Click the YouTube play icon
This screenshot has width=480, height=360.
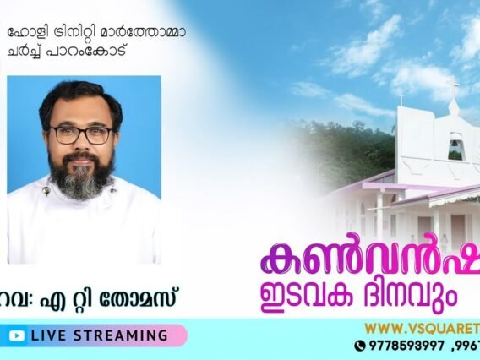click(16, 335)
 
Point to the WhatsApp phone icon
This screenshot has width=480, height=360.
click(360, 345)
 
